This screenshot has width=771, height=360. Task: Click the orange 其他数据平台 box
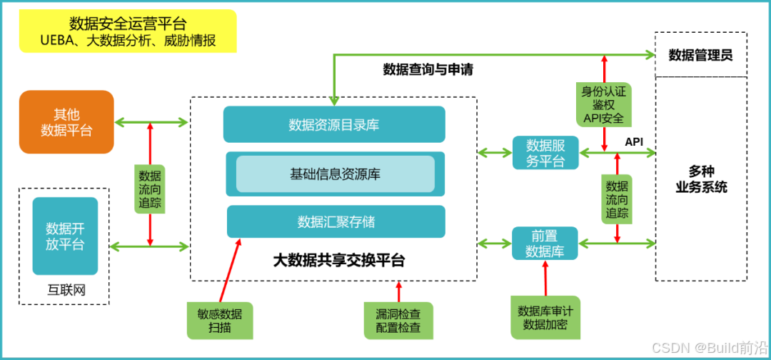click(x=66, y=122)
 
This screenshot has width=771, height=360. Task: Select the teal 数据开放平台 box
click(x=65, y=236)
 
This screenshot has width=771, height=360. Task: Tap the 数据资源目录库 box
click(x=334, y=124)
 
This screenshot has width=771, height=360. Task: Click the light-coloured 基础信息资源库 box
click(x=335, y=174)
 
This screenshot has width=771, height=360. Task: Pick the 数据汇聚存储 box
click(x=336, y=221)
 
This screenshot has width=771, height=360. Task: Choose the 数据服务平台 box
click(x=545, y=153)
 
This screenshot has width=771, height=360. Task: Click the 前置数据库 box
click(x=545, y=244)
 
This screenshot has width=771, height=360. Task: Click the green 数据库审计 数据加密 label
click(x=545, y=317)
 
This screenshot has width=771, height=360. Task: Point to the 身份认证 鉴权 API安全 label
click(x=603, y=104)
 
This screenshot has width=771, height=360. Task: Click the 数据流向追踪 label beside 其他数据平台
click(x=150, y=189)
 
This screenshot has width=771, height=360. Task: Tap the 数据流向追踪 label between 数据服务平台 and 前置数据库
click(x=618, y=198)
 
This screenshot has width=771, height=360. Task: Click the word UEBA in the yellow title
click(x=56, y=40)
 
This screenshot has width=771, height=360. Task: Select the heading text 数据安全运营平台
click(x=128, y=23)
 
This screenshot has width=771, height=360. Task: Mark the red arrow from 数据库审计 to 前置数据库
click(x=546, y=278)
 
